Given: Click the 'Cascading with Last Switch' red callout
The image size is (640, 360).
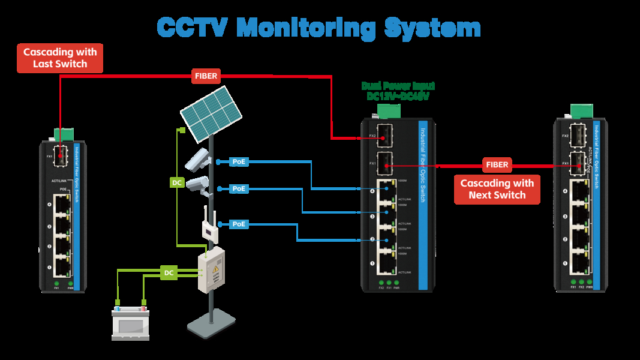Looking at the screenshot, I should [59, 58].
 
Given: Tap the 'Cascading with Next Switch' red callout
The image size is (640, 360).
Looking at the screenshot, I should [497, 189].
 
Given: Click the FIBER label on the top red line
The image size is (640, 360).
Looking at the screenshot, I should [206, 76].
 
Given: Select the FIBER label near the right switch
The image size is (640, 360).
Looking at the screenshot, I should [497, 164].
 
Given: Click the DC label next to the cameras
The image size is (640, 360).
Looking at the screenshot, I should [178, 182].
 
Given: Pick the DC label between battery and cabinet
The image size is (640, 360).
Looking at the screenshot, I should [169, 273].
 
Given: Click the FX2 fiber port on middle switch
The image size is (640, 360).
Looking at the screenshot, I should [384, 134].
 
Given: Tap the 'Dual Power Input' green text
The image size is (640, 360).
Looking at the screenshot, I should [398, 86].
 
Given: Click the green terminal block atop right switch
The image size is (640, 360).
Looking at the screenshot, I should [580, 112].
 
